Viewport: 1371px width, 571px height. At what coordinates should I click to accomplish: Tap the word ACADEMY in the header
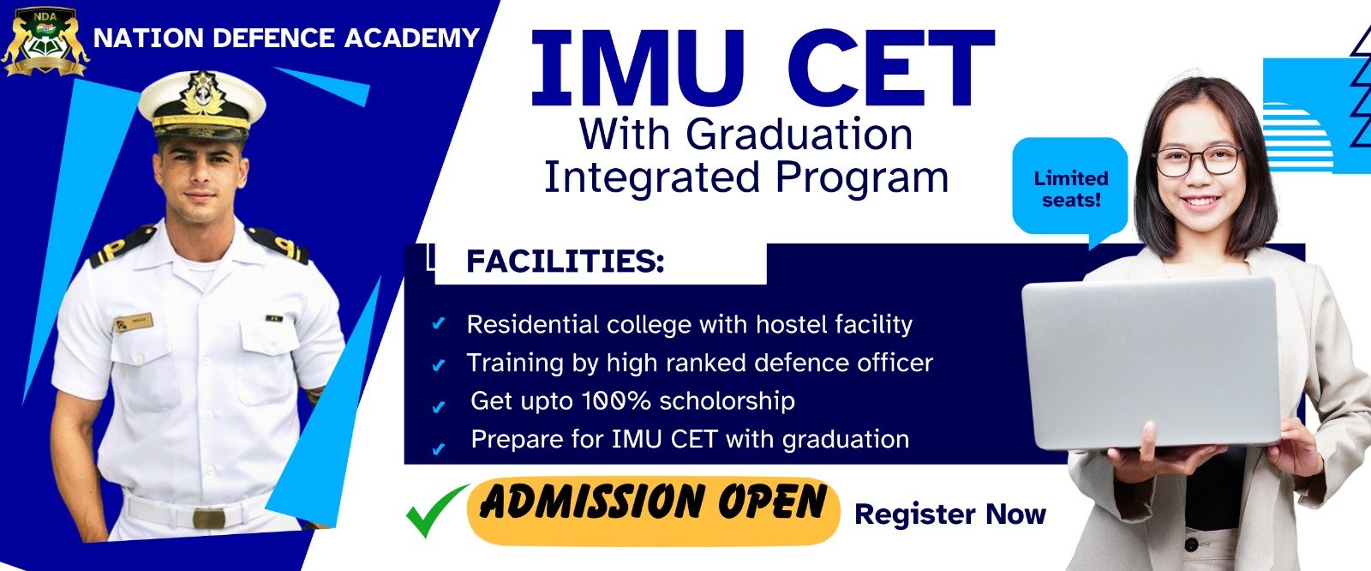(412, 38)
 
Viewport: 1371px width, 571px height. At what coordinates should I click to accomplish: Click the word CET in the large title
(890, 68)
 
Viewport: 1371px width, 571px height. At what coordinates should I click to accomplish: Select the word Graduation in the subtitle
(799, 134)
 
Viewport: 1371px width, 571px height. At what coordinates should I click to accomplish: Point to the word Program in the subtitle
(862, 179)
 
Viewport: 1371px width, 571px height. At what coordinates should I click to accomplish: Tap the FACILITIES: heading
(565, 261)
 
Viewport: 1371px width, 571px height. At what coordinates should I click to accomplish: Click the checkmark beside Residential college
(438, 323)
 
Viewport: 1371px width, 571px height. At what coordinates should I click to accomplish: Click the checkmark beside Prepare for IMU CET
(438, 449)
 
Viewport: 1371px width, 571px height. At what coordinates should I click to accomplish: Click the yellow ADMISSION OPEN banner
(653, 511)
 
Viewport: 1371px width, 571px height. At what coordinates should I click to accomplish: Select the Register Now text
(950, 514)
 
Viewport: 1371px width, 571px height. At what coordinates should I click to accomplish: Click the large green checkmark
(437, 510)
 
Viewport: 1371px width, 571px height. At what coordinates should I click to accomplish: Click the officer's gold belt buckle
(209, 519)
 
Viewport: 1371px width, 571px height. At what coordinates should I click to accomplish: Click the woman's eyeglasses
(1197, 160)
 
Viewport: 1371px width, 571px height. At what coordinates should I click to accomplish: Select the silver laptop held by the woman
(1151, 364)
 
